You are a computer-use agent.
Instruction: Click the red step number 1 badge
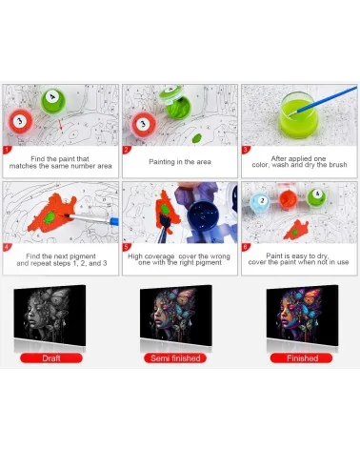click(x=7, y=150)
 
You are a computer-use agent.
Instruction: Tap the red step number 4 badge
click(x=7, y=247)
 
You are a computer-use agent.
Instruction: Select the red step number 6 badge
click(x=246, y=247)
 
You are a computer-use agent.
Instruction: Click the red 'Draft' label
click(x=51, y=358)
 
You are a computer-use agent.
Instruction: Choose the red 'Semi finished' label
click(x=175, y=358)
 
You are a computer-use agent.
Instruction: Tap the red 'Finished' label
click(x=302, y=358)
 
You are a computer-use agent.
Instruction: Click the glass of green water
click(x=298, y=115)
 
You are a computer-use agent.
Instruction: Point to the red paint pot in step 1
click(x=20, y=121)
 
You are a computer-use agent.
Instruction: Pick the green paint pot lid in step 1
click(x=53, y=101)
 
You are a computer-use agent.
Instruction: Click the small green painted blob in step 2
click(x=197, y=138)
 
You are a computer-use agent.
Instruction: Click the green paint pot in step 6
click(x=317, y=196)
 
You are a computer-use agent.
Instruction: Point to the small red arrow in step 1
click(x=61, y=125)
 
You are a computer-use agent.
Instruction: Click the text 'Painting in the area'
click(x=180, y=162)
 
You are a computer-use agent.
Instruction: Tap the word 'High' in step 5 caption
click(x=135, y=256)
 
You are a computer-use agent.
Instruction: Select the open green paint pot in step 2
click(x=177, y=103)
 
